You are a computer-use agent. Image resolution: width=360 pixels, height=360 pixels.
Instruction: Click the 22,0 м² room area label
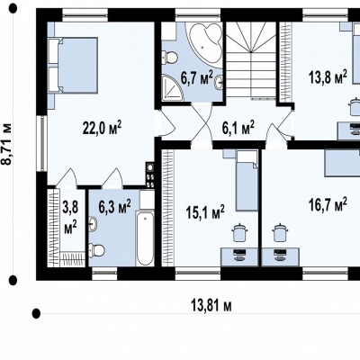coord(102,128)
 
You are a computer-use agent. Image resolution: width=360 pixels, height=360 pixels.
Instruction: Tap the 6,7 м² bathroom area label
coord(197,77)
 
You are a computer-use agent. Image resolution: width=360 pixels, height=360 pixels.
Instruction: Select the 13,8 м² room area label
coord(328,76)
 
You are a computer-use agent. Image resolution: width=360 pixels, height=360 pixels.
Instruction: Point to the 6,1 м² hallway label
coord(238,128)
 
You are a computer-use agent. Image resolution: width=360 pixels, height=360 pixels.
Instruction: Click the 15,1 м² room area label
coord(205,212)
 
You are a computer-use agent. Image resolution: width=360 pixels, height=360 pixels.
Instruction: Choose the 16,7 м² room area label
coord(328,205)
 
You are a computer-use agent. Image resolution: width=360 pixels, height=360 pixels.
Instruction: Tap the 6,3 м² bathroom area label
coord(114,206)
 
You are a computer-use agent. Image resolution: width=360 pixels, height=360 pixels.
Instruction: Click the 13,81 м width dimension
coord(211,306)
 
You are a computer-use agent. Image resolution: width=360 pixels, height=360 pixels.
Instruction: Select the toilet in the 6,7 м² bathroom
coord(169,58)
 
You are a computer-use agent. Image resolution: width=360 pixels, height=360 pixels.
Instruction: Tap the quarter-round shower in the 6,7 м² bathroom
coord(172,87)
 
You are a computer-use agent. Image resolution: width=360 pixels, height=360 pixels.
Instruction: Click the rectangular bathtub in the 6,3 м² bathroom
coord(145,238)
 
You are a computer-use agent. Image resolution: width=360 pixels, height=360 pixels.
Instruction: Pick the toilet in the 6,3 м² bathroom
coord(96,249)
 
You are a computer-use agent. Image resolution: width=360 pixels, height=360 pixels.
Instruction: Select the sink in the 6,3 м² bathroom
coord(94,223)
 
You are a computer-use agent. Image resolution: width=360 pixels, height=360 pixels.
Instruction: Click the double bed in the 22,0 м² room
coord(73,65)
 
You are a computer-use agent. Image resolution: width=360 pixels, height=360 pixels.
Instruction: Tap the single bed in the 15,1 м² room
coord(247,181)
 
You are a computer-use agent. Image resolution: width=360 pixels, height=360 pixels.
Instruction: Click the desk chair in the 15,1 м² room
coord(240,232)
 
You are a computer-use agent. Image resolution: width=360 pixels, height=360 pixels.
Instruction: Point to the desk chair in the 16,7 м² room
coord(280,232)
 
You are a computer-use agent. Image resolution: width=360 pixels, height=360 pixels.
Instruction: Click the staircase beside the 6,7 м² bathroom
coord(250,60)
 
